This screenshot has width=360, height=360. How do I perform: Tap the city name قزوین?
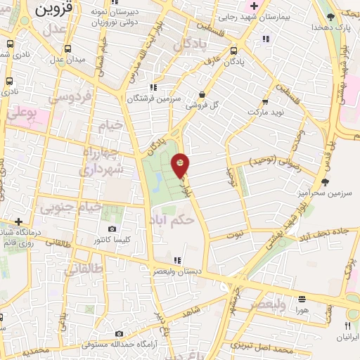click(49, 10)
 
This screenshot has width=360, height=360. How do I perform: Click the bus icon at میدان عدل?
click(67, 49)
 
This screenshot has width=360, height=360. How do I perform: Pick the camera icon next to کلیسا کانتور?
click(112, 229)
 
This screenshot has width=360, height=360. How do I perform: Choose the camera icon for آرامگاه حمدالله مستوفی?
click(119, 333)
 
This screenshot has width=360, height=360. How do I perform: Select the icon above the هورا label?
click(302, 298)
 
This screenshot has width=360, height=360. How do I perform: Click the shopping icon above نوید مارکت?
click(266, 101)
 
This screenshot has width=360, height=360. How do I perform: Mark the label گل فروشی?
click(201, 106)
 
